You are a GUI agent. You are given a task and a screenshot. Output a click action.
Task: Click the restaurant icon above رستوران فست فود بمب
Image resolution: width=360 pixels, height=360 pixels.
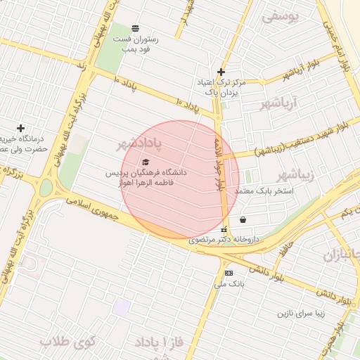point(135,28)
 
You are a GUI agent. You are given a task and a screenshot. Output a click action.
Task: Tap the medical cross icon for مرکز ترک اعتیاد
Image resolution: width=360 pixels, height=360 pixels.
point(221,72)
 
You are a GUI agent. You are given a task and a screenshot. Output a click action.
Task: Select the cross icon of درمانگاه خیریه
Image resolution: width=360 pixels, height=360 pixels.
point(20,128)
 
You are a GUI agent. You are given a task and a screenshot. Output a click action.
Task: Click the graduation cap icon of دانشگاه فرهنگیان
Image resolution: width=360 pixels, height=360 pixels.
point(146,162)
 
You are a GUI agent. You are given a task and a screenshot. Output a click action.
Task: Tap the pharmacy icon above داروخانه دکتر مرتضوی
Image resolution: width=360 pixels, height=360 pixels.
point(224,229)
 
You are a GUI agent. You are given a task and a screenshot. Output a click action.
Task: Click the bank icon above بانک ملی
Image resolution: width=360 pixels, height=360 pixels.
point(228,273)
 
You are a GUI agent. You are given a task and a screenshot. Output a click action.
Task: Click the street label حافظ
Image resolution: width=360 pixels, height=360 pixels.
point(283,245)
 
